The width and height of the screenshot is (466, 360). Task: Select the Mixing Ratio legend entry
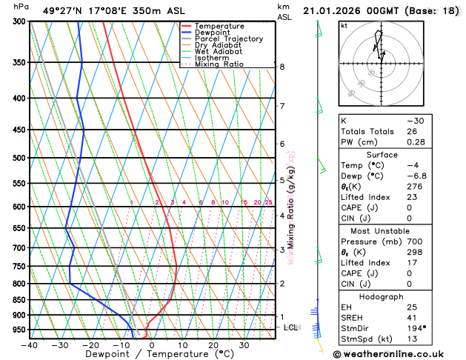pos(219,64)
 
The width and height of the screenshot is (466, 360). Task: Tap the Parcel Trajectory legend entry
pos(228,39)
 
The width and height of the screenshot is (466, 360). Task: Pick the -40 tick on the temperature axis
pos(30,345)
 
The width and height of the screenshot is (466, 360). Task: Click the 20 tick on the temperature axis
pos(213,345)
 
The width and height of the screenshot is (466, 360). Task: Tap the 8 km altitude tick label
pos(282,67)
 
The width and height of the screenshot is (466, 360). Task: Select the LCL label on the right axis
pos(291,327)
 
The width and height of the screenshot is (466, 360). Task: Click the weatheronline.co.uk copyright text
pos(399,354)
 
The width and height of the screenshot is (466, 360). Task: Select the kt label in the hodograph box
pos(344,26)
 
